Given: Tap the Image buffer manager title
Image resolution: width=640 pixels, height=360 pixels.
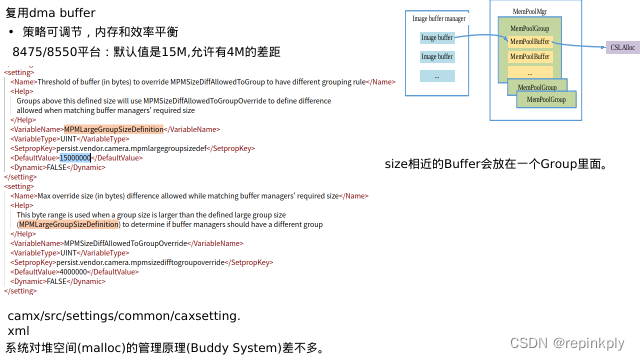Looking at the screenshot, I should [439, 18].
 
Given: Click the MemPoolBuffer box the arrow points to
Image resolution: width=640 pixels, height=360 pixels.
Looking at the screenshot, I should [530, 42].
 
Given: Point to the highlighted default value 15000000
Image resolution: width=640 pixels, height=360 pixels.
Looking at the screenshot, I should [75, 157].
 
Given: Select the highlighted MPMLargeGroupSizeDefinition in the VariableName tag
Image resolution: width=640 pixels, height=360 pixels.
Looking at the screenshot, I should [113, 129].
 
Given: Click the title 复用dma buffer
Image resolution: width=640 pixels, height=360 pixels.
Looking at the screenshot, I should [50, 13].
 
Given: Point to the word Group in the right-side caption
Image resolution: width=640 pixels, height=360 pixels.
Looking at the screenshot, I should [553, 163].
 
